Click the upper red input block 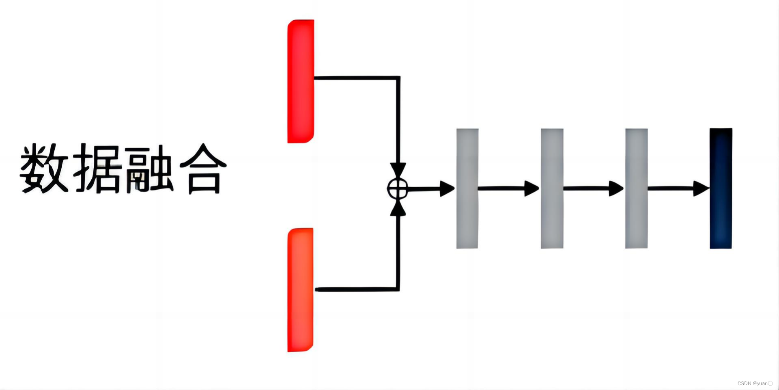(301, 81)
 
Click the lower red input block (300, 290)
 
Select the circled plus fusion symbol (398, 188)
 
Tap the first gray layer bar (467, 188)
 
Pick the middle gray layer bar (552, 188)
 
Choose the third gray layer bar (636, 188)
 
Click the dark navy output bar (721, 188)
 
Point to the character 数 (44, 168)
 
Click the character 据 (97, 168)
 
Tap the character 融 (149, 168)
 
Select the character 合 (203, 168)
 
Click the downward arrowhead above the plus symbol (398, 170)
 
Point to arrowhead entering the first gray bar (447, 188)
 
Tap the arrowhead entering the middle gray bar (532, 188)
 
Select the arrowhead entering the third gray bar (616, 188)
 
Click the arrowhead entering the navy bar (701, 188)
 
